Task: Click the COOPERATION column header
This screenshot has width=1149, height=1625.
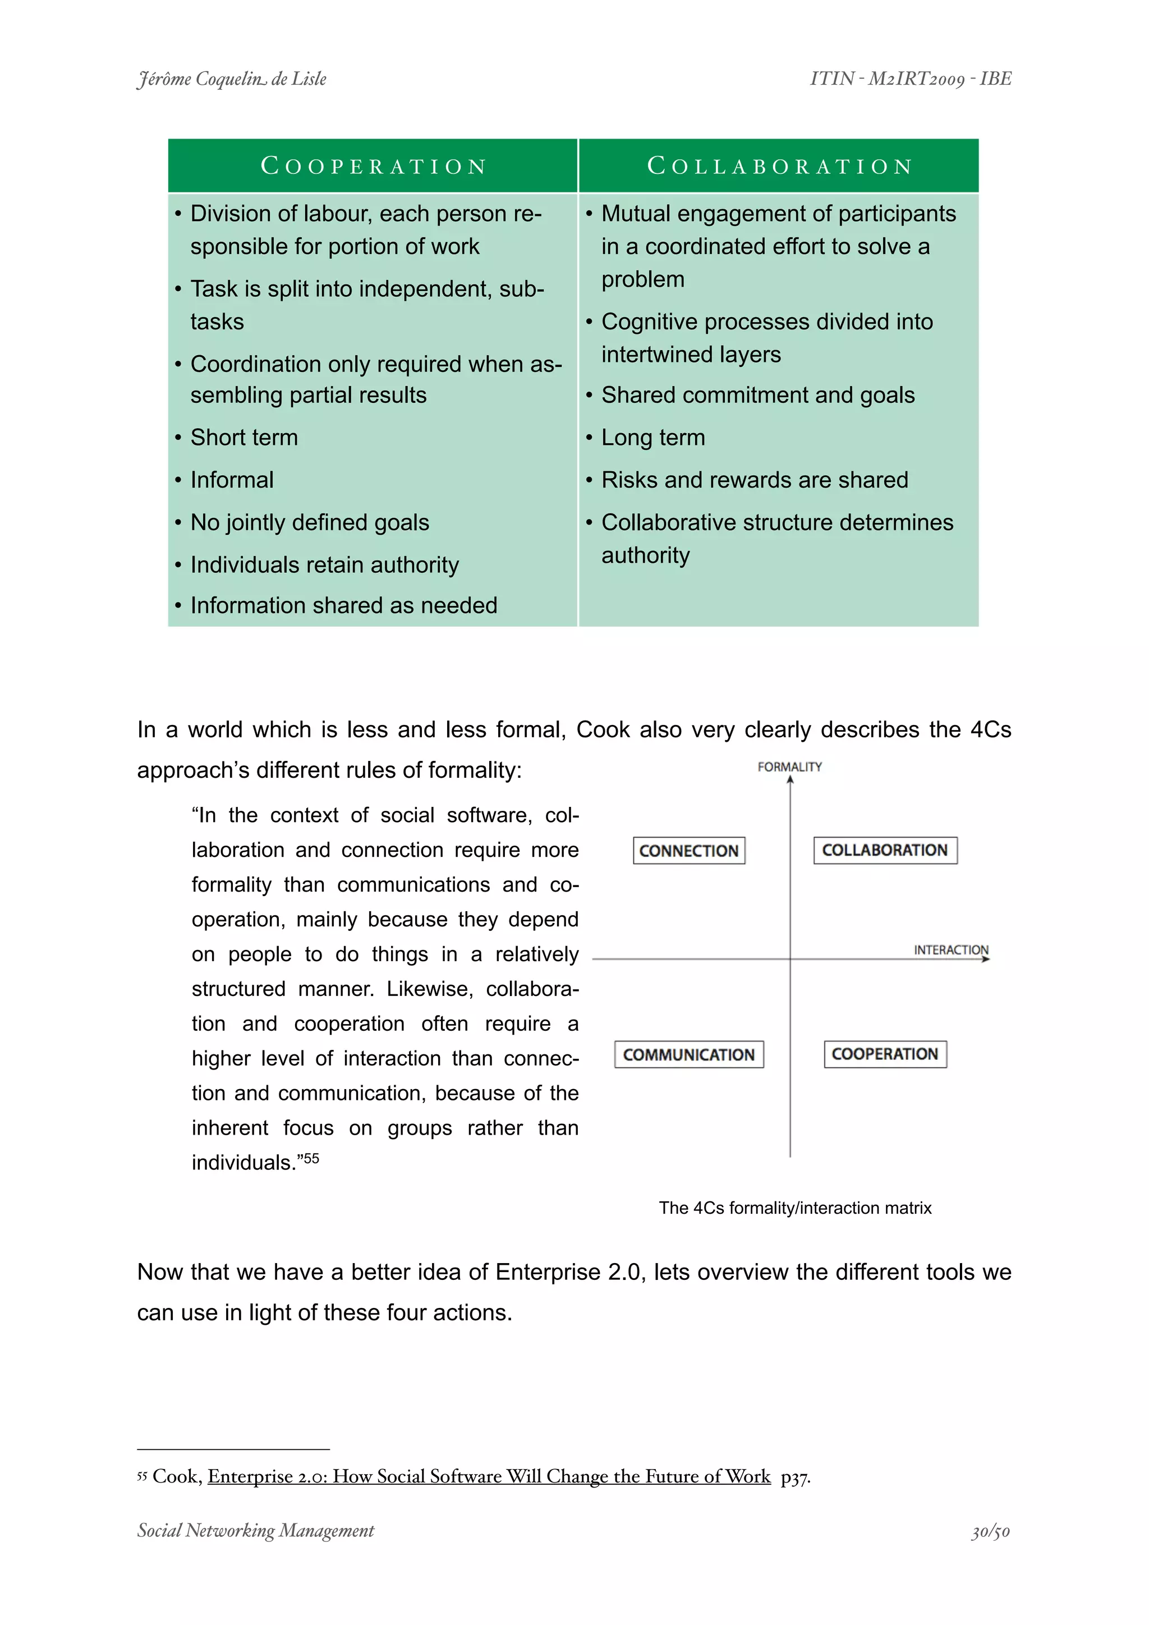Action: [374, 166]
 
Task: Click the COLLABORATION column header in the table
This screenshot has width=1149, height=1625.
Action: [779, 166]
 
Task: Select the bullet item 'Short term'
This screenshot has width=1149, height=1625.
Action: [244, 437]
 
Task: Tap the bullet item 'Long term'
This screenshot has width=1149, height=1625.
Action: [652, 437]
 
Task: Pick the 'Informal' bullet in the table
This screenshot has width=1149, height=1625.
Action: [231, 480]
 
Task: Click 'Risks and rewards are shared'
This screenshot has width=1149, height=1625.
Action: [754, 480]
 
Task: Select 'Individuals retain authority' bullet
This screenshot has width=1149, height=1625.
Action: [324, 565]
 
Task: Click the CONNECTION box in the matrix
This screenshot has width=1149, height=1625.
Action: [688, 851]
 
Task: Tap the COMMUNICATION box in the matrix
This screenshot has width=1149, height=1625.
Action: [688, 1054]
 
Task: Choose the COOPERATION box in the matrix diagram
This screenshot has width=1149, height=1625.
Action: [884, 1054]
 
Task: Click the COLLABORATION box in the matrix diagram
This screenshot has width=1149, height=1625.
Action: [884, 850]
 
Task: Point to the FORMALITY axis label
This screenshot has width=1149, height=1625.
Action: [789, 767]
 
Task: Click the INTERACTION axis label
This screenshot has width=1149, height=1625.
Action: [950, 950]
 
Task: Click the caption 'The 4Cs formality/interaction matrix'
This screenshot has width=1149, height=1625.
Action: [794, 1208]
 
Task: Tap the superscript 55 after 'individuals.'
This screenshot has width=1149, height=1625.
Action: [311, 1159]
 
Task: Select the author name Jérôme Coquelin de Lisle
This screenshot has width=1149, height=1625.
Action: [231, 79]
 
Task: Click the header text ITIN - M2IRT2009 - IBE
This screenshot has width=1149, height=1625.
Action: [911, 79]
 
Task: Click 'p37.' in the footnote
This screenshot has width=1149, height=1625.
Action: [795, 1476]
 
